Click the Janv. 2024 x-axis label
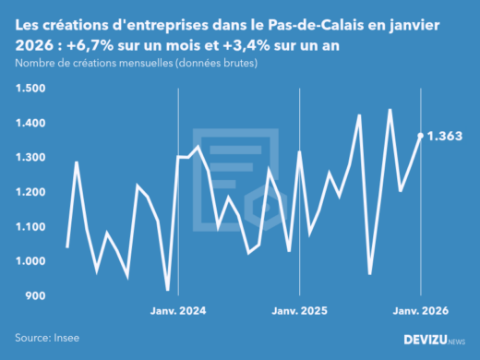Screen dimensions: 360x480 pyautogui.click(x=178, y=312)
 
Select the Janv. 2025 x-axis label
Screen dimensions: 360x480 pyautogui.click(x=300, y=312)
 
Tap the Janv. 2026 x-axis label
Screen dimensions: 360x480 pyautogui.click(x=421, y=312)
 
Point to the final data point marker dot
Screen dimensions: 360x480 pyautogui.click(x=421, y=136)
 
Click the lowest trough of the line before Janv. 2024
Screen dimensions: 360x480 pyautogui.click(x=167, y=290)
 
